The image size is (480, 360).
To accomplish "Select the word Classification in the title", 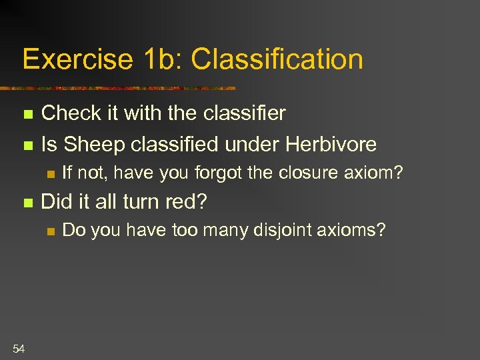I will (277, 59).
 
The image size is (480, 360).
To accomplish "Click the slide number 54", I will (19, 347).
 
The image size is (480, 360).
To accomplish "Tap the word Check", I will (73, 113).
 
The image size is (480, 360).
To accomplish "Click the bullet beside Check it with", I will (27, 115).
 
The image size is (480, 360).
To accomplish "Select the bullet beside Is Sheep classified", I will (27, 145).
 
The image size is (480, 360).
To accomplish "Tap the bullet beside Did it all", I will (27, 201).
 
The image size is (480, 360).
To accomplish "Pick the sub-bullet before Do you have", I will (49, 231).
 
